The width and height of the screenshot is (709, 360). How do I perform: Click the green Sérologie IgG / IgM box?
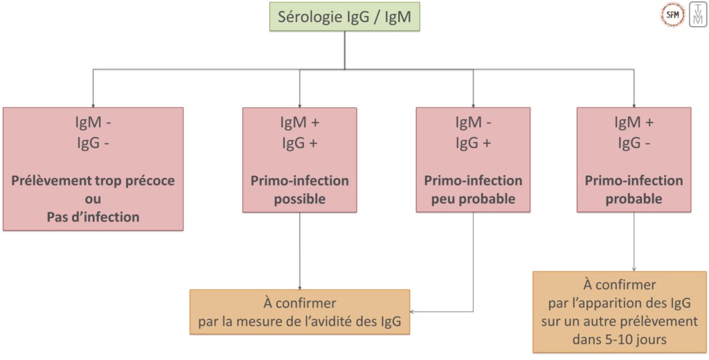pyautogui.click(x=345, y=18)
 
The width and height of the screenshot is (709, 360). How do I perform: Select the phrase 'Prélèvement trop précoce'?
pyautogui.click(x=93, y=181)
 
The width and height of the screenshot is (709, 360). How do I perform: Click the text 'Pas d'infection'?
pyautogui.click(x=93, y=217)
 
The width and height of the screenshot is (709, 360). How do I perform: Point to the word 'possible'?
pyautogui.click(x=300, y=199)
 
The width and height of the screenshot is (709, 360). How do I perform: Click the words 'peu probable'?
pyautogui.click(x=473, y=199)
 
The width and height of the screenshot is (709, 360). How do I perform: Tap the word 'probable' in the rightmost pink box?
pyautogui.click(x=634, y=199)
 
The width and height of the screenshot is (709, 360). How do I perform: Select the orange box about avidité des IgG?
pyautogui.click(x=300, y=312)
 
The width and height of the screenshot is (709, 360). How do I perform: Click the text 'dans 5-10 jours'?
pyautogui.click(x=620, y=339)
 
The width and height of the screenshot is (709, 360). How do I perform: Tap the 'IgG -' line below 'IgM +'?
pyautogui.click(x=634, y=143)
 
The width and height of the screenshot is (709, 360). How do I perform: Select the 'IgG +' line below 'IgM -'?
pyautogui.click(x=473, y=143)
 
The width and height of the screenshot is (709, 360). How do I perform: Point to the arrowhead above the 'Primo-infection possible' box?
pyautogui.click(x=300, y=103)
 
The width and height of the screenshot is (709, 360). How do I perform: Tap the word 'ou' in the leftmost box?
pyautogui.click(x=93, y=199)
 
